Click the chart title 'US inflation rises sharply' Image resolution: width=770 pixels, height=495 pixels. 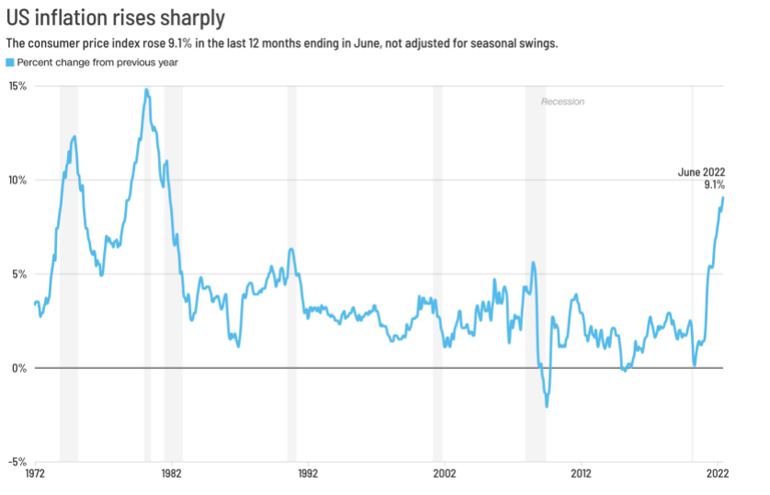tap(115, 17)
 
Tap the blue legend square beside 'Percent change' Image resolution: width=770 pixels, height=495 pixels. tap(10, 63)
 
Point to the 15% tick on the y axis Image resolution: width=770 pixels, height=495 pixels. tap(17, 86)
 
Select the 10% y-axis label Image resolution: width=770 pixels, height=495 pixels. tap(17, 179)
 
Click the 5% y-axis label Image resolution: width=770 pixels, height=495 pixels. tap(20, 274)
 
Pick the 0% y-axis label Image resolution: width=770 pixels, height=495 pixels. tap(20, 368)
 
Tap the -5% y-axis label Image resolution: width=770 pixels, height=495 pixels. tap(18, 462)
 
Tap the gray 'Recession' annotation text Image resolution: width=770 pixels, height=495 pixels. tap(562, 101)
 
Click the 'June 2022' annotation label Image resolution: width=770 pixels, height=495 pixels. tap(701, 172)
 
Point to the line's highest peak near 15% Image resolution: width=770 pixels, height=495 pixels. tap(146, 90)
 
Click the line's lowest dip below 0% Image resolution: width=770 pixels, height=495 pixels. tap(547, 406)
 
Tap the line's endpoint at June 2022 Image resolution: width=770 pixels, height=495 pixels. tap(723, 197)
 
